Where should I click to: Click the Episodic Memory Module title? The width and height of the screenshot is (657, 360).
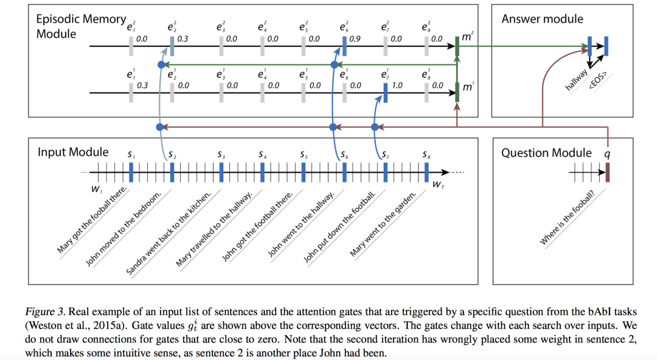tap(81, 26)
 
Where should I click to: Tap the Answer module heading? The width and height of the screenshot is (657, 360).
tap(542, 19)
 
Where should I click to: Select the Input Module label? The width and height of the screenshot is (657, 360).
tap(73, 151)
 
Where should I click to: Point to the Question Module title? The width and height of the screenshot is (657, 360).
tap(546, 153)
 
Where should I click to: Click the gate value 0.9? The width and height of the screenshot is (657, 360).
tap(355, 39)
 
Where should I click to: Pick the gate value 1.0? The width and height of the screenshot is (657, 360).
tap(397, 86)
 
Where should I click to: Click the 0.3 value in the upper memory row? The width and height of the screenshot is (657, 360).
tap(182, 39)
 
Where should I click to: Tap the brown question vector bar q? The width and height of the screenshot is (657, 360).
tap(608, 172)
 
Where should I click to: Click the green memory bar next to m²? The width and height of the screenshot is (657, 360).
tap(457, 46)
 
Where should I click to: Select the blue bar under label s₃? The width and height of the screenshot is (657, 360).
tap(221, 172)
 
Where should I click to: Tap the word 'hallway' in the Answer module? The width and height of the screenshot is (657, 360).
tap(576, 80)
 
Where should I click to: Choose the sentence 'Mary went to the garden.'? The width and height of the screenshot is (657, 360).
tap(383, 224)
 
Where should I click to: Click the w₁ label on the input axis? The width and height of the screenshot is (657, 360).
tap(96, 189)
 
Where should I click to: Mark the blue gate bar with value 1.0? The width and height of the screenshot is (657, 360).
tap(386, 92)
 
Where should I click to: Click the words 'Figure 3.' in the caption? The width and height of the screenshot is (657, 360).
tap(45, 312)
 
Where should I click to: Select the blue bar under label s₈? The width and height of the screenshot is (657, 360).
tap(426, 172)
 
